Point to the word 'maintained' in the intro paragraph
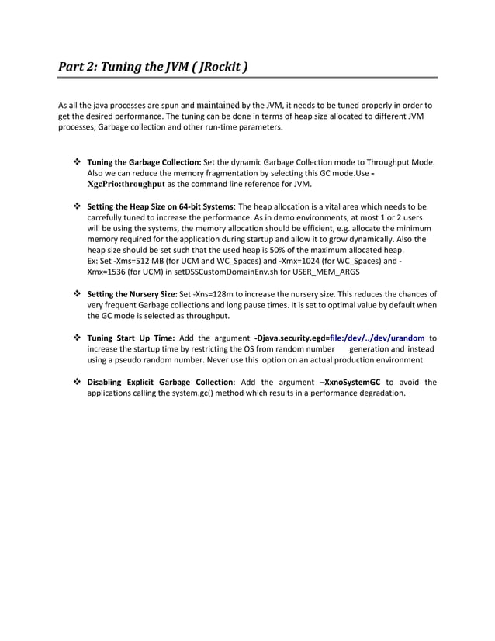pyautogui.click(x=213, y=104)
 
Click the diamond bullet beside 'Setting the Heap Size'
pyautogui.click(x=77, y=207)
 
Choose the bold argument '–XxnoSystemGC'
pyautogui.click(x=350, y=382)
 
